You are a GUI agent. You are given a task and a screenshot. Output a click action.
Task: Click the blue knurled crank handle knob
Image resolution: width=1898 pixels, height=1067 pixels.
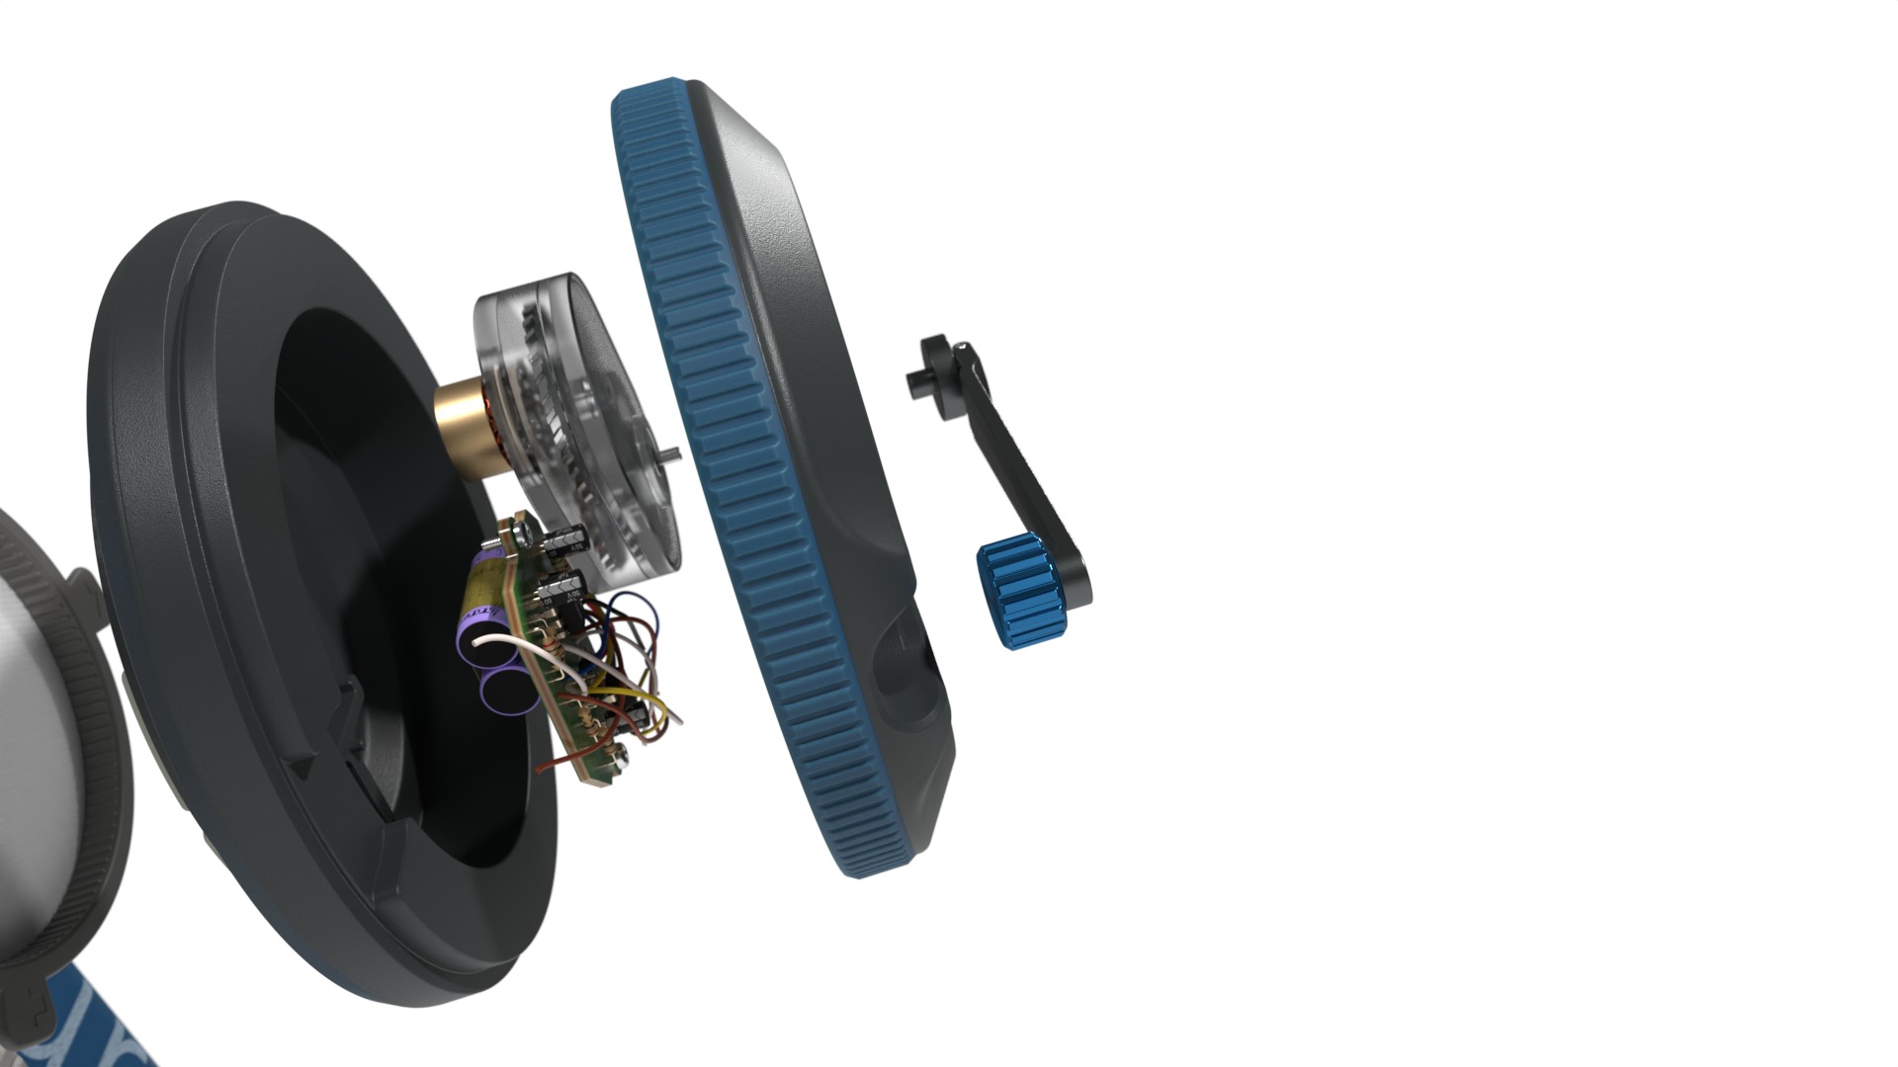pyautogui.click(x=1018, y=592)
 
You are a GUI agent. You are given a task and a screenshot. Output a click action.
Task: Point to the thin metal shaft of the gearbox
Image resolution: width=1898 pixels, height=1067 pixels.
pyautogui.click(x=673, y=454)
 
